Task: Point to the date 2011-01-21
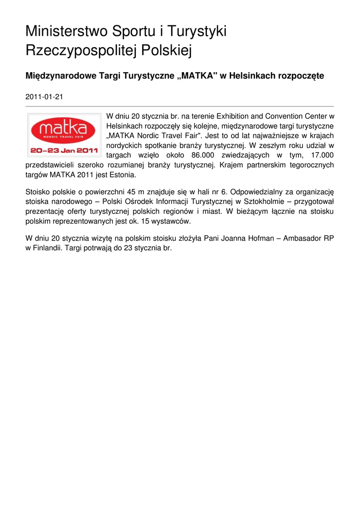[44, 97]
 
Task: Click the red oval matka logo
[64, 129]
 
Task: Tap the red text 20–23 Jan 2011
[64, 149]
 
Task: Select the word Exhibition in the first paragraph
[235, 116]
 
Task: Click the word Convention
[290, 116]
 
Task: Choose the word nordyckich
[124, 146]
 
